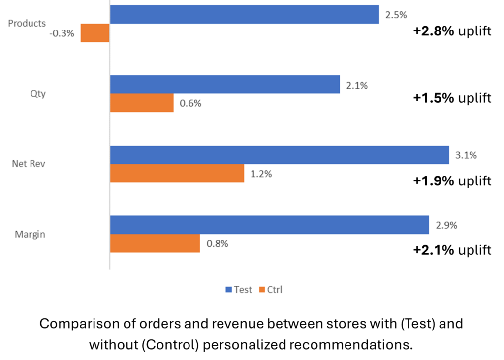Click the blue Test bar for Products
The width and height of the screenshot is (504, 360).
tap(245, 14)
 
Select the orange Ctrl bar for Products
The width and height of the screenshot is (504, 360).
tap(95, 33)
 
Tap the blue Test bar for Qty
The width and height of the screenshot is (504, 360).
tap(225, 85)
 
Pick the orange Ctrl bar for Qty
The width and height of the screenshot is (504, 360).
tap(142, 103)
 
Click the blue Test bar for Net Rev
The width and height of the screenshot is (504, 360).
tap(280, 154)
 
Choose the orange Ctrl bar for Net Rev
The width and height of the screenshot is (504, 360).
tap(177, 173)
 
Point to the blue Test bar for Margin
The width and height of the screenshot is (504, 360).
tap(269, 225)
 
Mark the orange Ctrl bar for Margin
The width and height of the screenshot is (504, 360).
tap(155, 243)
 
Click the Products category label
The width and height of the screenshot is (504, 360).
tap(27, 23)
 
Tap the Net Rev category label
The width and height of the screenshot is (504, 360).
tap(29, 164)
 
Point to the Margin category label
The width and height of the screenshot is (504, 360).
tap(30, 234)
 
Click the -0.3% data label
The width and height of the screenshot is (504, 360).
tap(62, 33)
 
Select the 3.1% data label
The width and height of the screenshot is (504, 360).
tap(466, 155)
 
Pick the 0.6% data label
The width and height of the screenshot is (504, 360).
tap(191, 104)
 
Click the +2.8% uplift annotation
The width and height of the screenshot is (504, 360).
tap(452, 31)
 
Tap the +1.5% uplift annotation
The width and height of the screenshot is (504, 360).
tap(452, 98)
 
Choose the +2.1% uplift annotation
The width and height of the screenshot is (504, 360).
tap(452, 250)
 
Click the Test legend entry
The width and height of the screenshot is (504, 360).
tap(239, 290)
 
